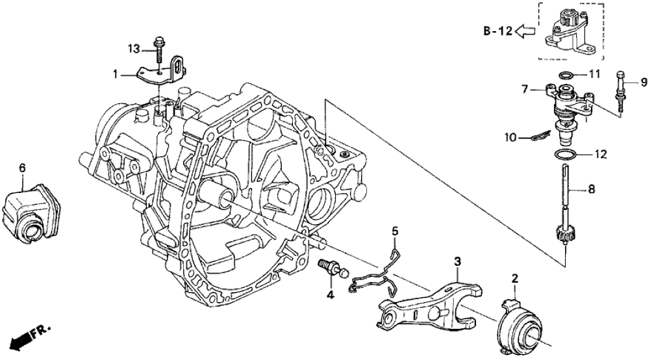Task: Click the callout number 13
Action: [133, 48]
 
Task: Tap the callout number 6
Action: [23, 168]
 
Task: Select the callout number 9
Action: [644, 82]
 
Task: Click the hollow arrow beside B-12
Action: [527, 31]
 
